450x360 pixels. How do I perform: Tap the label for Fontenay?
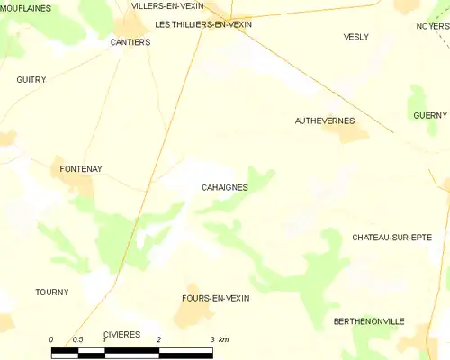[81, 168]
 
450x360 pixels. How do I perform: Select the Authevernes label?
[325, 120]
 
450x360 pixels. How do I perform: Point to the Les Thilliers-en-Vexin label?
[203, 24]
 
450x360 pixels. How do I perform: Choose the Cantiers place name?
[130, 42]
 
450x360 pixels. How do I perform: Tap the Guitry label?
[31, 79]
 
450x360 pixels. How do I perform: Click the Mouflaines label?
[25, 8]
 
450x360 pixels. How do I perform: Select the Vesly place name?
[356, 37]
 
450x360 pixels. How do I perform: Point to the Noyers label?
[433, 26]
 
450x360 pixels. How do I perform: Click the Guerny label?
[430, 115]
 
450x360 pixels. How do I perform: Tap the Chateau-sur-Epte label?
[391, 237]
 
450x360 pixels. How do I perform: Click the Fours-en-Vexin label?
[215, 297]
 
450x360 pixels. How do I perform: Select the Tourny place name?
[51, 292]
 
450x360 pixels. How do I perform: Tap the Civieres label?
[122, 334]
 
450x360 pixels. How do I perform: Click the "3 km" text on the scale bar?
[219, 339]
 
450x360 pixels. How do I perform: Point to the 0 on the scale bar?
[51, 339]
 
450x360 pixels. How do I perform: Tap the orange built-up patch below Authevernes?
[351, 134]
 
